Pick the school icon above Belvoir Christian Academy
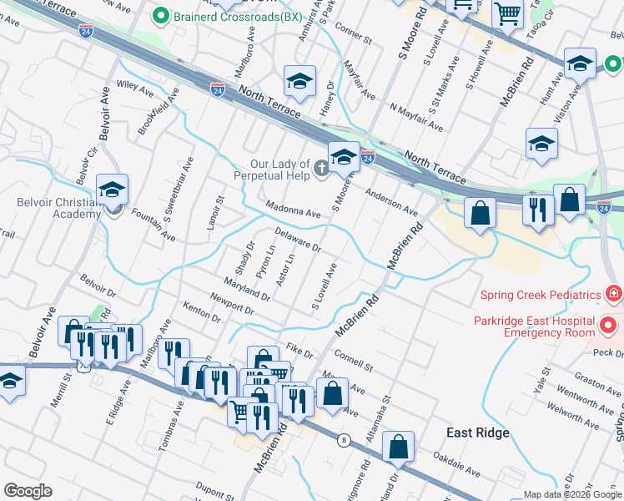point(112,190)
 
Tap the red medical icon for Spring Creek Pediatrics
point(614,295)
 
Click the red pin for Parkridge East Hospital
point(609,325)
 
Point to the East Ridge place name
point(477,433)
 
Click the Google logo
point(28,491)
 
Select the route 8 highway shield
point(343,439)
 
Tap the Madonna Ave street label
point(294,209)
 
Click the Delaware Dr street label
point(298,240)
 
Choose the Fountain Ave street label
point(153,227)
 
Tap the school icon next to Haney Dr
point(299,80)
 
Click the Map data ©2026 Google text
point(572,494)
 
